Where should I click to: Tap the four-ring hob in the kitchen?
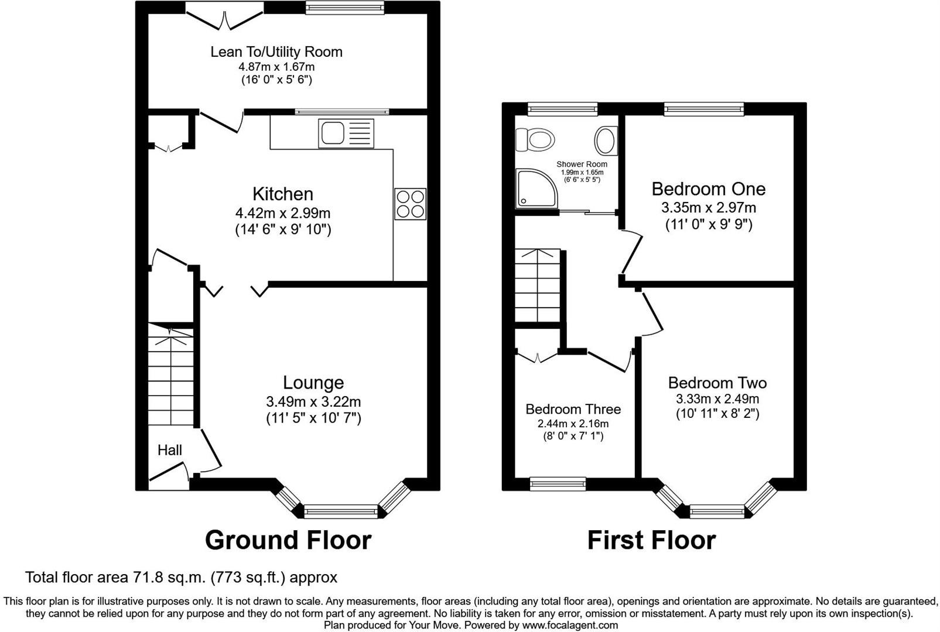[410, 204]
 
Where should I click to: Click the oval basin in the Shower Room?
[606, 140]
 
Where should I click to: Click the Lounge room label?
[313, 383]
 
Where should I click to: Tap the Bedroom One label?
[708, 189]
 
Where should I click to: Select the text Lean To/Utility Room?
[276, 51]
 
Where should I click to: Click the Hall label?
[170, 450]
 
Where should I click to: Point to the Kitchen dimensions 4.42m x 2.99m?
[283, 214]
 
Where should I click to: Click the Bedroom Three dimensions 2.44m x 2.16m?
[573, 424]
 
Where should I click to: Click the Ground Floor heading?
[288, 540]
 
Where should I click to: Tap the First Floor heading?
[651, 540]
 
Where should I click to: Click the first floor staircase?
[537, 286]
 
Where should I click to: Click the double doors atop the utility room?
[224, 16]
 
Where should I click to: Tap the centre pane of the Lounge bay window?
[341, 512]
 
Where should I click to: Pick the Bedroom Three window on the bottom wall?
[558, 483]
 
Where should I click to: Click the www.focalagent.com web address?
[570, 625]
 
